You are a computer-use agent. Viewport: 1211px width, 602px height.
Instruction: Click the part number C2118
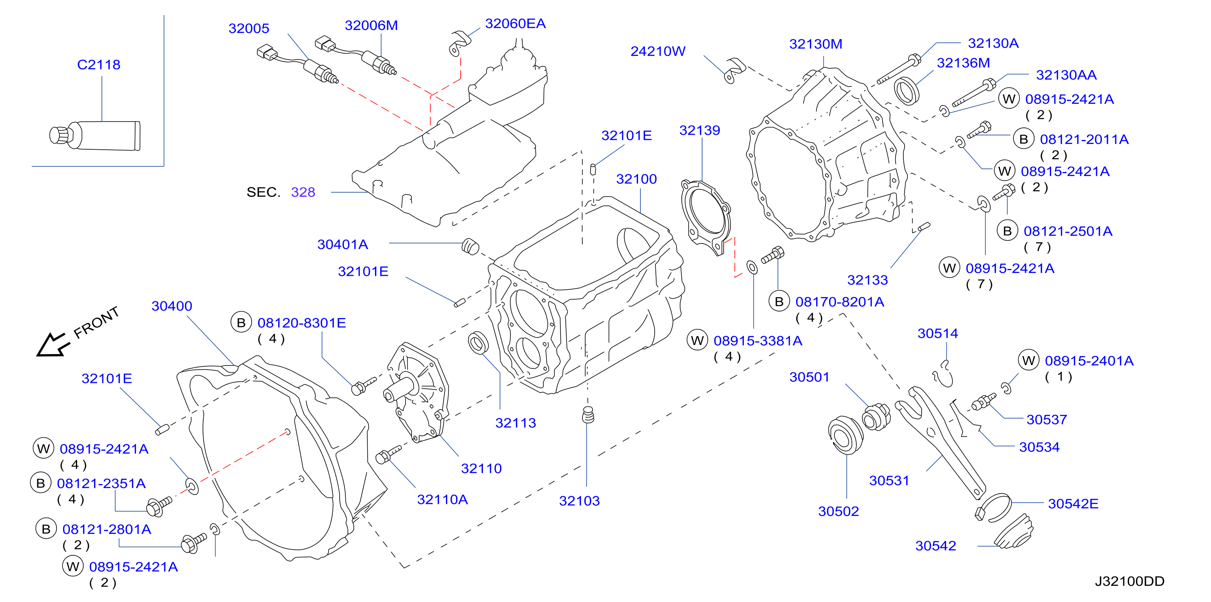click(x=99, y=64)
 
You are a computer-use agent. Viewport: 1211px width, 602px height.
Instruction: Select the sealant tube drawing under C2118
click(x=95, y=136)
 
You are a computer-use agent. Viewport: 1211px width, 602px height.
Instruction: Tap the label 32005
click(x=249, y=28)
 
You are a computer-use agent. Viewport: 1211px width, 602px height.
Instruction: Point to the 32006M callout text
click(x=371, y=26)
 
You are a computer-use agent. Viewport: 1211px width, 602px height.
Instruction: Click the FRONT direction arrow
click(x=53, y=345)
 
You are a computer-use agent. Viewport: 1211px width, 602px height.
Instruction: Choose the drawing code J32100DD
click(x=1130, y=581)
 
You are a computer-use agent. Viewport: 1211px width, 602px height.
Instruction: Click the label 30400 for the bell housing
click(x=172, y=306)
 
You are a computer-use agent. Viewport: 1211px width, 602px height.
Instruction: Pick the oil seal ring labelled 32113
click(x=478, y=342)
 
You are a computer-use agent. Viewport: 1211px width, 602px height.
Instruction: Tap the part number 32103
click(x=579, y=501)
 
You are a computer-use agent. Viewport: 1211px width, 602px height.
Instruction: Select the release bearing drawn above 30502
click(x=845, y=435)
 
